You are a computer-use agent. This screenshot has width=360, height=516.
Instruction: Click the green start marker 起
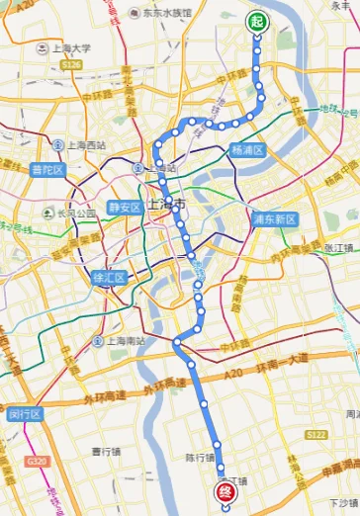pos(258,22)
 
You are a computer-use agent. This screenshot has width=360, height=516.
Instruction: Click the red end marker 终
pos(225,490)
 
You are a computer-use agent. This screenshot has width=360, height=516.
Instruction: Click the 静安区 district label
pos(126,208)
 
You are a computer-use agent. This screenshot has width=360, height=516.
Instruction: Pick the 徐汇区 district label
pos(109,278)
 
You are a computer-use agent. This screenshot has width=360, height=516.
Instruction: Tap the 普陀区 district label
pos(46,170)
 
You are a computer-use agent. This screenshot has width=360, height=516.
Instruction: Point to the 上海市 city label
pos(167,205)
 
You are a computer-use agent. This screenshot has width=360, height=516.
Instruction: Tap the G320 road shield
pos(37,462)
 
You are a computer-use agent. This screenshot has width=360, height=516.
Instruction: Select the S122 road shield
pos(316,434)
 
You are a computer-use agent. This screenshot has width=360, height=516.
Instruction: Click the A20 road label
pos(233,372)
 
